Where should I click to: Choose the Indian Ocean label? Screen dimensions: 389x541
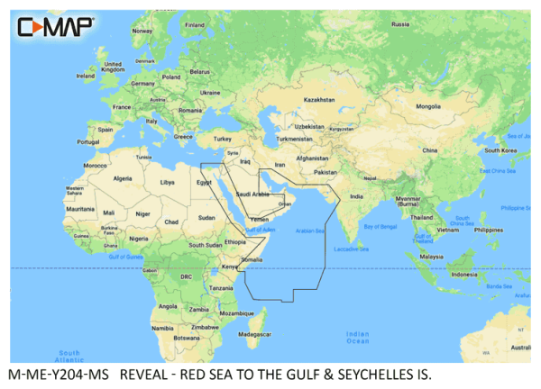[x=357, y=338]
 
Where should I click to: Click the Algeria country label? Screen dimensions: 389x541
[x=121, y=179]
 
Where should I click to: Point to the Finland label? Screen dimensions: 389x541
[x=194, y=25]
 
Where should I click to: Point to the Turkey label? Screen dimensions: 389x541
[x=221, y=140]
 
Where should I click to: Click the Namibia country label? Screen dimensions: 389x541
[x=163, y=329]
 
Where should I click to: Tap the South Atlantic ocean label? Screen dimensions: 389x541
[x=69, y=355]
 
